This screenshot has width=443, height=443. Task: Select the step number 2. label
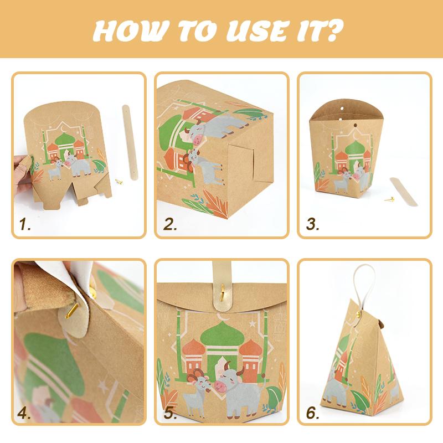[x=169, y=224]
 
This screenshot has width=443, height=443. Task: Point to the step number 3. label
[x=313, y=224]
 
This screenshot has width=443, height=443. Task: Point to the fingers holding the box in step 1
[x=23, y=172]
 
